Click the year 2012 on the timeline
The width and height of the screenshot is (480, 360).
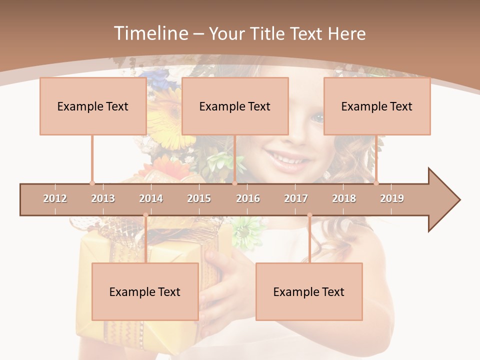pyautogui.click(x=55, y=198)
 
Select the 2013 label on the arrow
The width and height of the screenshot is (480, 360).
pyautogui.click(x=103, y=198)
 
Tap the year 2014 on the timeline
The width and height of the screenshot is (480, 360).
pyautogui.click(x=151, y=198)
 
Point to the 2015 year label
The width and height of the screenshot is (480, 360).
pyautogui.click(x=199, y=198)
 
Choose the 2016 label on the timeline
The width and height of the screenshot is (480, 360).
pyautogui.click(x=248, y=198)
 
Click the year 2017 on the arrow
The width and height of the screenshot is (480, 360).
pyautogui.click(x=296, y=198)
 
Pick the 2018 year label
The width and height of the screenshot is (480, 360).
pyautogui.click(x=344, y=198)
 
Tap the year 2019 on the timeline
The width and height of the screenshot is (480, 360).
pyautogui.click(x=392, y=198)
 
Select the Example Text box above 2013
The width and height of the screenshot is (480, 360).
pyautogui.click(x=93, y=106)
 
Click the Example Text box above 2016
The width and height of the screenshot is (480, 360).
pyautogui.click(x=235, y=106)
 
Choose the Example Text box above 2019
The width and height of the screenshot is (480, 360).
pyautogui.click(x=377, y=106)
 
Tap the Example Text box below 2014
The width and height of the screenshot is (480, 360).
pyautogui.click(x=145, y=291)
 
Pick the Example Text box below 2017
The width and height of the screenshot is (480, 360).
pyautogui.click(x=309, y=291)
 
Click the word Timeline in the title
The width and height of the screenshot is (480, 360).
pyautogui.click(x=149, y=33)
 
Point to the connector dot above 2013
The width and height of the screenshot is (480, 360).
pyautogui.click(x=92, y=182)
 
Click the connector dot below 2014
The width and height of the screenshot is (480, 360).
pyautogui.click(x=145, y=215)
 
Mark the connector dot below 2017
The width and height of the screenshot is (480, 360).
pyautogui.click(x=309, y=215)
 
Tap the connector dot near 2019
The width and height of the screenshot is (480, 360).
pyautogui.click(x=376, y=182)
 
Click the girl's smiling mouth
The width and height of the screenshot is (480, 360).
pyautogui.click(x=287, y=159)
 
